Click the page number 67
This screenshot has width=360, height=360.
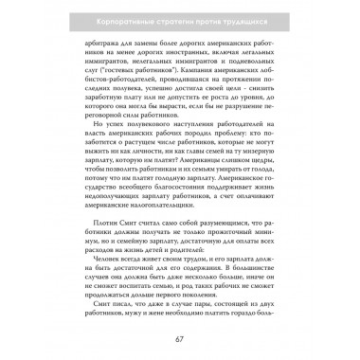(x=178, y=340)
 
